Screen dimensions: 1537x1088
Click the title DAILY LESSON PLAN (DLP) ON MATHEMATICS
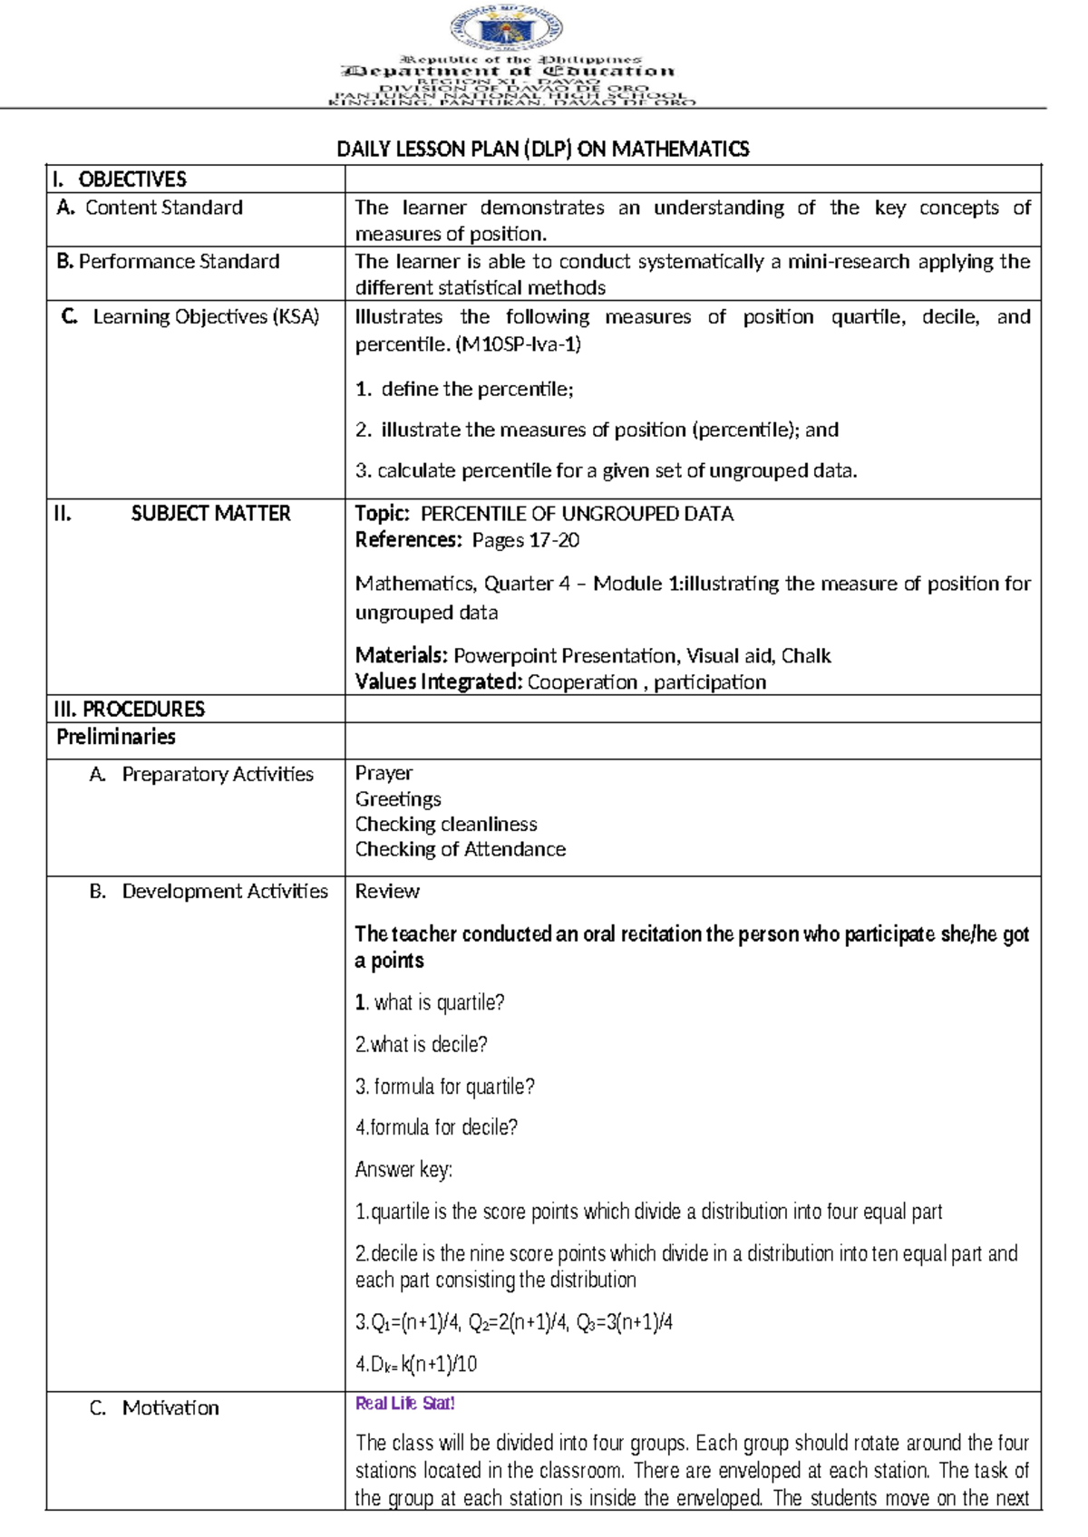(542, 149)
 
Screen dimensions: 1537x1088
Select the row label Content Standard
(163, 208)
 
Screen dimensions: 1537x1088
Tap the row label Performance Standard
(179, 262)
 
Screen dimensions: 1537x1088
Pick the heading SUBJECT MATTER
(210, 514)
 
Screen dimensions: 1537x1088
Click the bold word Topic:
(382, 514)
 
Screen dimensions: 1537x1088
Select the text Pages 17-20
(525, 541)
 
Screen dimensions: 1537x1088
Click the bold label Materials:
(401, 655)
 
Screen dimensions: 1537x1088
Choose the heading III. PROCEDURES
(130, 710)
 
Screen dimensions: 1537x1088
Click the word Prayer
(384, 773)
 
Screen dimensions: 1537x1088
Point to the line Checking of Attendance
(460, 849)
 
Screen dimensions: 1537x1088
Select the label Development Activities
(224, 892)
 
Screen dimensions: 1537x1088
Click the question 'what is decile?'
(422, 1045)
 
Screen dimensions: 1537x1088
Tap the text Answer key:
(403, 1170)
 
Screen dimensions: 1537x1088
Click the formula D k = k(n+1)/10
(416, 1365)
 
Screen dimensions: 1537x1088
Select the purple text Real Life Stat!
(404, 1404)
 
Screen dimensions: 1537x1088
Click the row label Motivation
(170, 1408)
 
